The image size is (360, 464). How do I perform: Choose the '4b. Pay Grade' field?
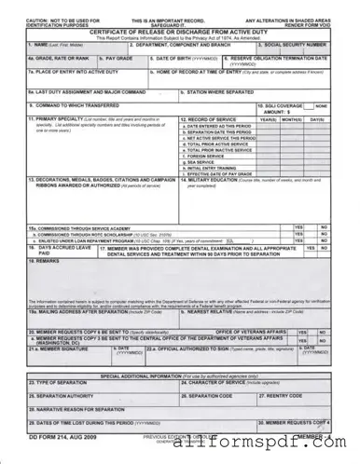coord(120,61)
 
